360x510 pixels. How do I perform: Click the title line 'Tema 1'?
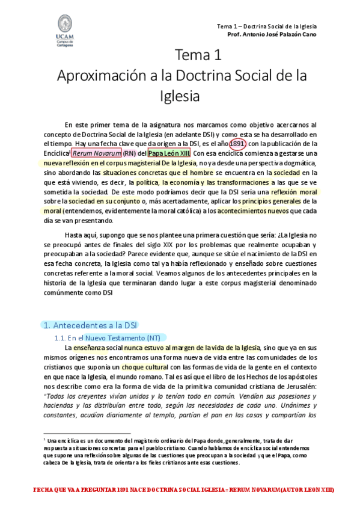click(198, 56)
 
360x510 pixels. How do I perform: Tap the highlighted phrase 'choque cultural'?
click(145, 367)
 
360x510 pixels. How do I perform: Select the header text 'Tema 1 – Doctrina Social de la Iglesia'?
click(266, 26)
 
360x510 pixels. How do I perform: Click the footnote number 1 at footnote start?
click(45, 440)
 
